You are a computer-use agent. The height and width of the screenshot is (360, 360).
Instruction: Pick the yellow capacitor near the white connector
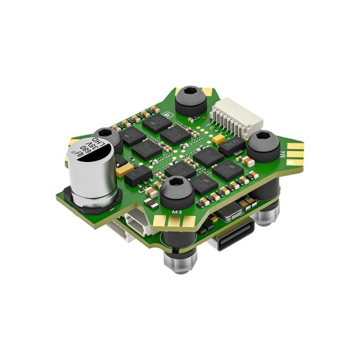click(220, 138)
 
